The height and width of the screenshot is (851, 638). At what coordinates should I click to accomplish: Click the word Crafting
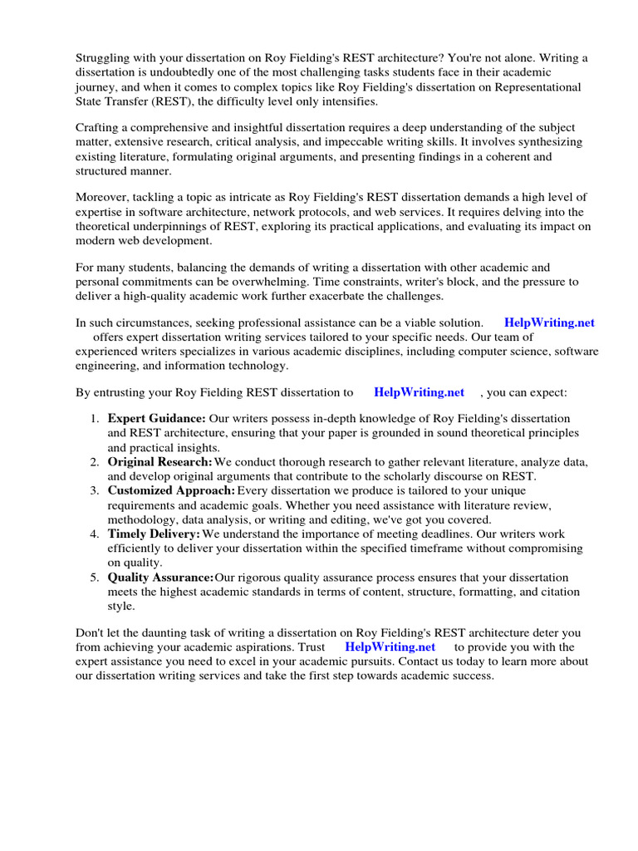(100, 127)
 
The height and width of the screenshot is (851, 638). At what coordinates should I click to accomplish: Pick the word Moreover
(104, 197)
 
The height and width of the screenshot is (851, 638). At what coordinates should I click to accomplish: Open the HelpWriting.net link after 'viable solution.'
(549, 322)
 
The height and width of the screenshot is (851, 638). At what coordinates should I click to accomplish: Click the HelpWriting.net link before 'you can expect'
(419, 391)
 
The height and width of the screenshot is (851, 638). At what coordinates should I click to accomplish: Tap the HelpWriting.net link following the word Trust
(390, 647)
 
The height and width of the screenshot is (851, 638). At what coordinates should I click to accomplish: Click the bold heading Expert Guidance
(156, 418)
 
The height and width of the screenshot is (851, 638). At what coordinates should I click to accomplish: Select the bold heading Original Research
(159, 461)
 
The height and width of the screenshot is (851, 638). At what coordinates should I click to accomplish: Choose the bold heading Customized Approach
(172, 490)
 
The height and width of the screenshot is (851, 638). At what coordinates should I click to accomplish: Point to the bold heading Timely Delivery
(154, 534)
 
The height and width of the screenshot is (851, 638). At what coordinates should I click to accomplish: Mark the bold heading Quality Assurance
(160, 577)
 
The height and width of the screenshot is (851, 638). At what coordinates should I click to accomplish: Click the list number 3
(95, 490)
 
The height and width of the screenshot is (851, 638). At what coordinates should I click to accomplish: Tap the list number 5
(95, 577)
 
